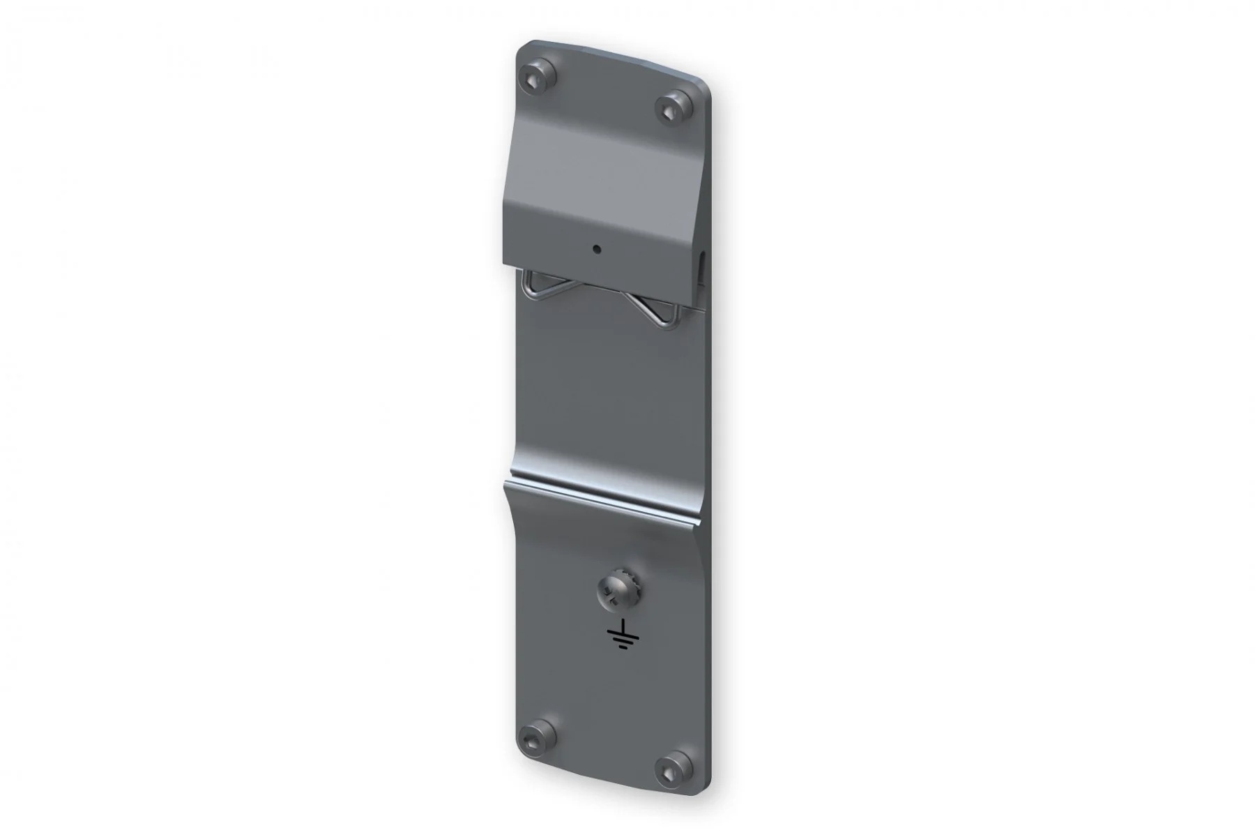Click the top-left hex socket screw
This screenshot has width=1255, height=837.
coord(538,78)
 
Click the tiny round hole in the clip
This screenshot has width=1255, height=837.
coord(596,248)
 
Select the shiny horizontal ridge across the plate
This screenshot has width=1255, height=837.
coord(607,493)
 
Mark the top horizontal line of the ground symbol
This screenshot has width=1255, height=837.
coord(623,633)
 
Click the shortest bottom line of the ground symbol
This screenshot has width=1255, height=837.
coord(623,648)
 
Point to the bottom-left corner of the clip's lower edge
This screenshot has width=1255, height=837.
coord(505,266)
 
